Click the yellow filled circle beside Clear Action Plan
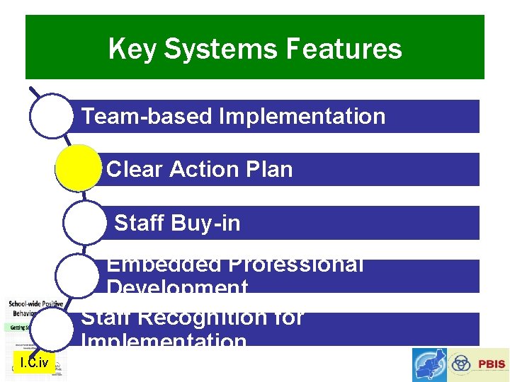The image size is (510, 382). tap(78, 168)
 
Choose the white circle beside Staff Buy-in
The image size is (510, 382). tap(85, 222)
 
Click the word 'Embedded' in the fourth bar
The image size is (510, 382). tap(164, 265)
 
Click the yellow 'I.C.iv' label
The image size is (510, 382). tap(34, 363)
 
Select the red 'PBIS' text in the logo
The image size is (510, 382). tap(491, 364)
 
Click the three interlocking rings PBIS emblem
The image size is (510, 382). tap(461, 364)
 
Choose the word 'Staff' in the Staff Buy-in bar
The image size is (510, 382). tap(137, 224)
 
